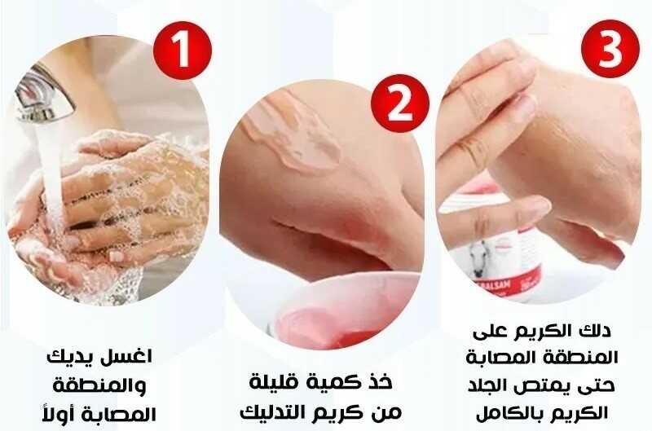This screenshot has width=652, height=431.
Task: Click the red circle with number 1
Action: pyautogui.click(x=183, y=51)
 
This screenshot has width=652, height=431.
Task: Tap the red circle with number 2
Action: pyautogui.click(x=400, y=103)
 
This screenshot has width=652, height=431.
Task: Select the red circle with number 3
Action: pyautogui.click(x=610, y=49)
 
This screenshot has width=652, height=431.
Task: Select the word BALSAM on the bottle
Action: pyautogui.click(x=500, y=287)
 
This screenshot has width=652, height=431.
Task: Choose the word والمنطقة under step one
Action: pyautogui.click(x=99, y=385)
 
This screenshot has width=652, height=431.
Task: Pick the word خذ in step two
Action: pyautogui.click(x=379, y=381)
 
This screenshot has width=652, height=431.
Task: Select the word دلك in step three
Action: pyautogui.click(x=597, y=331)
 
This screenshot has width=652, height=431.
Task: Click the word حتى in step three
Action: pyautogui.click(x=597, y=386)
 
